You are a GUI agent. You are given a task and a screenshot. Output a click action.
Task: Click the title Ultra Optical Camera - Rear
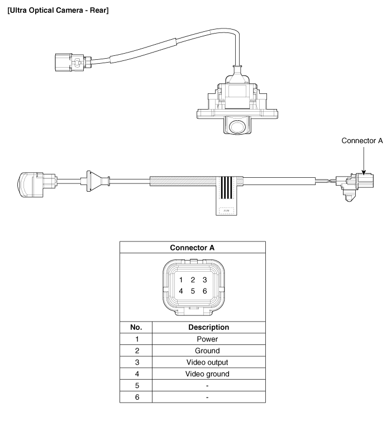(58, 10)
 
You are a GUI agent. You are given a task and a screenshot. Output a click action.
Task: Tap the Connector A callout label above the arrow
(362, 141)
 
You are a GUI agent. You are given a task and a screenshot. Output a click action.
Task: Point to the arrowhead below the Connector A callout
(364, 172)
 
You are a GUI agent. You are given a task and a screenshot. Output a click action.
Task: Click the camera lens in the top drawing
(237, 126)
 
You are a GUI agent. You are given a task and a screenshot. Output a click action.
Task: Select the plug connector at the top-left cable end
(73, 62)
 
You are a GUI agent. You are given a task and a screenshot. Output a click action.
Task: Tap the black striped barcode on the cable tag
(226, 188)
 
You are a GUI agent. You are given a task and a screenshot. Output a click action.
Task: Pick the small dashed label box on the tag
(226, 211)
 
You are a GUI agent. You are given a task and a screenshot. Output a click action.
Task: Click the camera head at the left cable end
(37, 185)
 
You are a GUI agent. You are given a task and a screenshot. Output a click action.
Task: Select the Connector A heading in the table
(192, 248)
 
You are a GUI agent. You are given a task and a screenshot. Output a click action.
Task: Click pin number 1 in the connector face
(181, 280)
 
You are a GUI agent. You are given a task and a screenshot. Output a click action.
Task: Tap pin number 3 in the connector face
(204, 280)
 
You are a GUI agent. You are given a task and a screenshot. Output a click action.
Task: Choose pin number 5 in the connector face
(193, 291)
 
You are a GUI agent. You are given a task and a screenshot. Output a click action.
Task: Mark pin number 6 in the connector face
(204, 291)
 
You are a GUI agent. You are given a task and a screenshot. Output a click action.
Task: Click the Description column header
(209, 327)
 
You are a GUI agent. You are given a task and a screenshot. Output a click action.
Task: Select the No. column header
(136, 327)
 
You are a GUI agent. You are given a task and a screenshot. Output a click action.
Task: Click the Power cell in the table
(207, 339)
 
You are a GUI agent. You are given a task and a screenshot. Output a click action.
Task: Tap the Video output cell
(207, 362)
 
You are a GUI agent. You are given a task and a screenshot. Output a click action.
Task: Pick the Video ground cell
(207, 373)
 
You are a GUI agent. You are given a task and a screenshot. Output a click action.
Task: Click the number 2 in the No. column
(137, 351)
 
